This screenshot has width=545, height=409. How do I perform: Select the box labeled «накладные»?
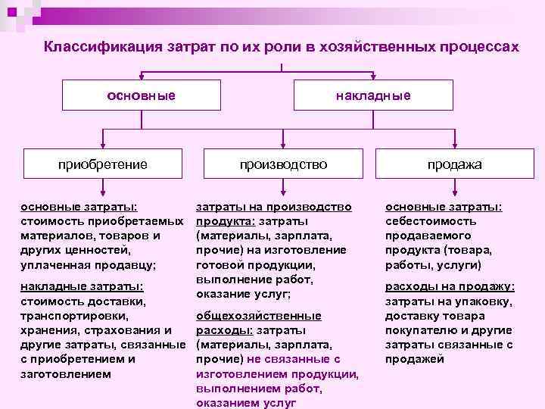[x=373, y=95]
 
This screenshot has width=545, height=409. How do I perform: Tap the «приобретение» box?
[x=104, y=164]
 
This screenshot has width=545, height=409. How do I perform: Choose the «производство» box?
[x=284, y=164]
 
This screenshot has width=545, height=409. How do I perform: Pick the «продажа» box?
[x=454, y=164]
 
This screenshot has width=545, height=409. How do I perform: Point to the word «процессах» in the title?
[x=481, y=47]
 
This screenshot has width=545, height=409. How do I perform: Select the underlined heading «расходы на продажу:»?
[x=450, y=286]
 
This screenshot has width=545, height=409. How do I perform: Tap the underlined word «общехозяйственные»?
[x=258, y=316]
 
